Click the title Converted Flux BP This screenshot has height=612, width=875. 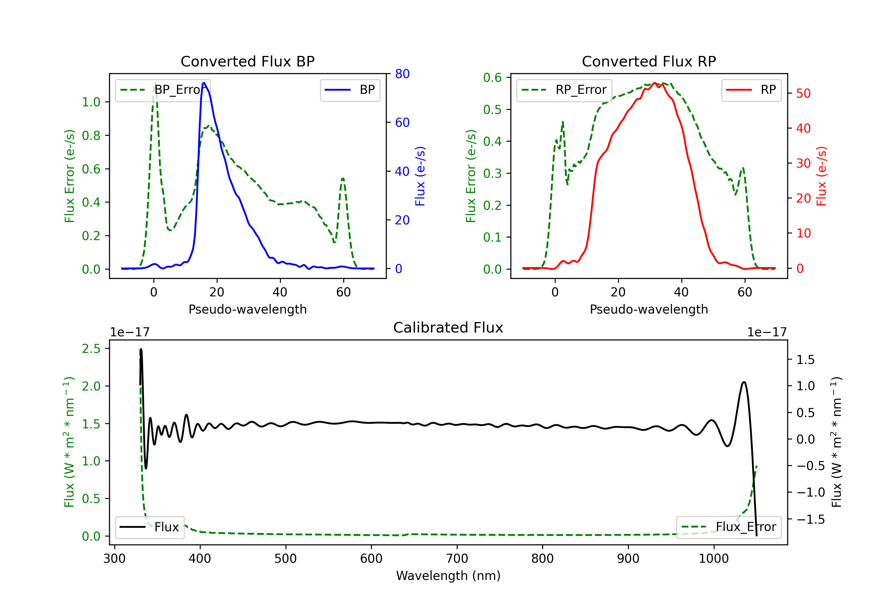tap(247, 61)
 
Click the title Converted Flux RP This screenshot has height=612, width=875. tap(649, 61)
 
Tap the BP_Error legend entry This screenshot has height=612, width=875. tap(163, 90)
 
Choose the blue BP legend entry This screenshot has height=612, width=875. tap(350, 90)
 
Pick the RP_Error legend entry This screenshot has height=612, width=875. tap(564, 90)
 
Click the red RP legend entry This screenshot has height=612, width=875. tap(751, 90)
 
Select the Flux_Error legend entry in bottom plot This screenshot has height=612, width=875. tap(729, 527)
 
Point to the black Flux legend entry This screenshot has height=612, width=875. tap(149, 527)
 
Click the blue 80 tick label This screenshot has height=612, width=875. tap(402, 74)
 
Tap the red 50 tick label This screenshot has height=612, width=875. tap(803, 93)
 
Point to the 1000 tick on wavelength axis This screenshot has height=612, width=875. tap(713, 558)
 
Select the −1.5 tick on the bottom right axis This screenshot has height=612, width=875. tap(811, 519)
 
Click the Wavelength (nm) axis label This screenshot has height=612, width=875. tap(448, 576)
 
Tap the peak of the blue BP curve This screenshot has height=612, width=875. tap(204, 83)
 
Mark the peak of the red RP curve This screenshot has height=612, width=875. tap(654, 83)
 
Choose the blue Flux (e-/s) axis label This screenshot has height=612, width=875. tap(420, 176)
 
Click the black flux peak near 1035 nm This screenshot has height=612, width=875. tap(744, 382)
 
